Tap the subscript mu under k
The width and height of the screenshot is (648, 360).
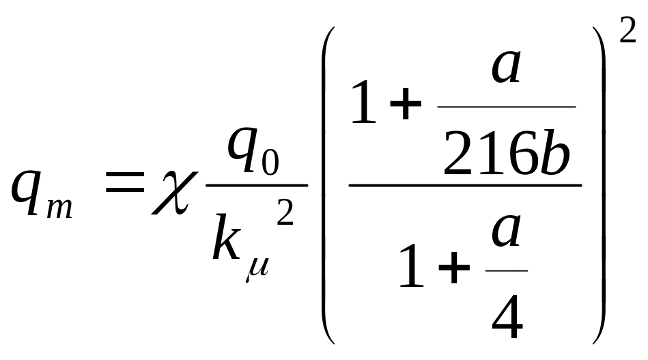pyautogui.click(x=256, y=264)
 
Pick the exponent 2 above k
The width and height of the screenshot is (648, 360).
pyautogui.click(x=285, y=215)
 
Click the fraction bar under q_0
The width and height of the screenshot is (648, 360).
pyautogui.click(x=256, y=184)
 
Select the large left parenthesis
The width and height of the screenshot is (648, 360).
pyautogui.click(x=328, y=184)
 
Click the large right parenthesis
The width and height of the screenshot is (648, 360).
pyautogui.click(x=598, y=184)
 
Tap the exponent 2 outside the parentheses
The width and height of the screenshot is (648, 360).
pyautogui.click(x=628, y=31)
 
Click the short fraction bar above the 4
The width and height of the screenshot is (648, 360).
pyautogui.click(x=506, y=271)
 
